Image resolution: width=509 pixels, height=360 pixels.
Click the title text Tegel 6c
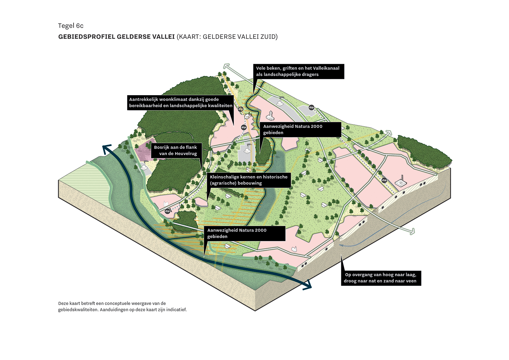coord(70,26)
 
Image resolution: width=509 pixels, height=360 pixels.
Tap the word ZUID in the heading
coord(269,37)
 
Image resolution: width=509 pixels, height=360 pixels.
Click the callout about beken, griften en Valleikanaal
coord(298,71)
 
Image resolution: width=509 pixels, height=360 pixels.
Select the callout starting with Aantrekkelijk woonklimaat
coord(181,103)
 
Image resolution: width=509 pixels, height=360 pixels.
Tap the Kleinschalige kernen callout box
coord(249,180)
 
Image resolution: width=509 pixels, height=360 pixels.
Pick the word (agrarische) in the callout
coord(223,183)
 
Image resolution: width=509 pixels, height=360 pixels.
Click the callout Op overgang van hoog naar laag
coord(381,278)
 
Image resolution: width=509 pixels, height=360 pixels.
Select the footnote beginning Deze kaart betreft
coord(122,306)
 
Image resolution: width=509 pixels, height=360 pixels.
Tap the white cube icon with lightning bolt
coord(247,117)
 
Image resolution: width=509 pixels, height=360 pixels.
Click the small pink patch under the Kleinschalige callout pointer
coord(201,202)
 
